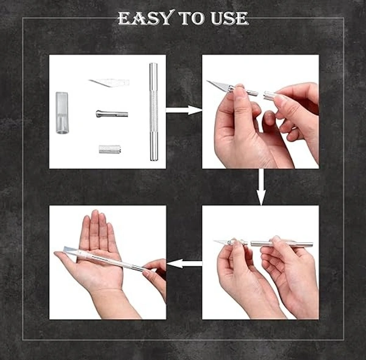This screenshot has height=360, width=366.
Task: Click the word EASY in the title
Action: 146,18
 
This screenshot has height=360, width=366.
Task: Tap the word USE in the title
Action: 229,18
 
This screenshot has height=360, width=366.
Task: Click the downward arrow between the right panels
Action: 261,187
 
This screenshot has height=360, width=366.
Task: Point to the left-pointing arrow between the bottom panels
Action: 184,264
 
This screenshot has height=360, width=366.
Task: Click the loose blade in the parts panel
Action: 109,82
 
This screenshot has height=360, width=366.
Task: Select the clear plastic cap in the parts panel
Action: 62,113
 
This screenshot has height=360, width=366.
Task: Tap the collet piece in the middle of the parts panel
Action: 112,113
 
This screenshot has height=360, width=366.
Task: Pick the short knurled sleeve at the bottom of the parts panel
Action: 110,149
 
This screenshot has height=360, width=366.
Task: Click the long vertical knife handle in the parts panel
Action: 153,112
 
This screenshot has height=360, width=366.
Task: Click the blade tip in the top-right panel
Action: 207,81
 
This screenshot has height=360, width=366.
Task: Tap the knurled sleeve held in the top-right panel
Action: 270,96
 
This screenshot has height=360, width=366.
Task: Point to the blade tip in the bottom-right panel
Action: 214,240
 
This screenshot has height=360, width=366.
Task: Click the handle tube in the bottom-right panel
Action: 281,244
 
